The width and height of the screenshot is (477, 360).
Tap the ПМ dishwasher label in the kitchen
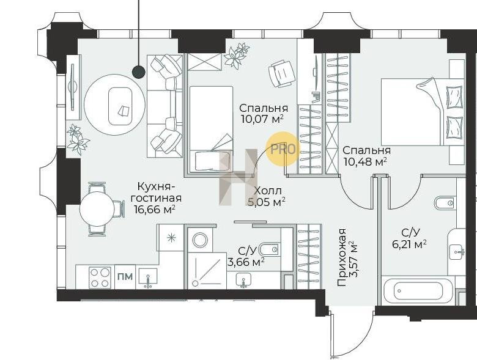click(125, 277)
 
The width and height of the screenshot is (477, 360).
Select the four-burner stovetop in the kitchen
click(100, 277)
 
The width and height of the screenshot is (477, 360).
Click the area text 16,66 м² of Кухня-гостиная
click(155, 210)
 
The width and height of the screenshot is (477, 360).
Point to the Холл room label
click(267, 191)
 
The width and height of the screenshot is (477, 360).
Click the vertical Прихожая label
click(342, 257)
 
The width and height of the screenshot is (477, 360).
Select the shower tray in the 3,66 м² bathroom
click(207, 270)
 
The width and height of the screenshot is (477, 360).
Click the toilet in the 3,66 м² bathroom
click(270, 249)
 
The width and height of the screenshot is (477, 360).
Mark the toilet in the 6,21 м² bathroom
click(445, 203)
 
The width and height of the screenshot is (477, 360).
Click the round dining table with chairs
click(97, 209)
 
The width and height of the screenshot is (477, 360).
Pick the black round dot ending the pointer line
click(139, 72)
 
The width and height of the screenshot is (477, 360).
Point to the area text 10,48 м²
click(365, 161)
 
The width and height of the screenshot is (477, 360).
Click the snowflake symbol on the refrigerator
click(172, 238)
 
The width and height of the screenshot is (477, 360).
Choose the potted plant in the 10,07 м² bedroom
click(237, 55)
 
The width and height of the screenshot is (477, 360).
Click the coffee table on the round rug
click(120, 106)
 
